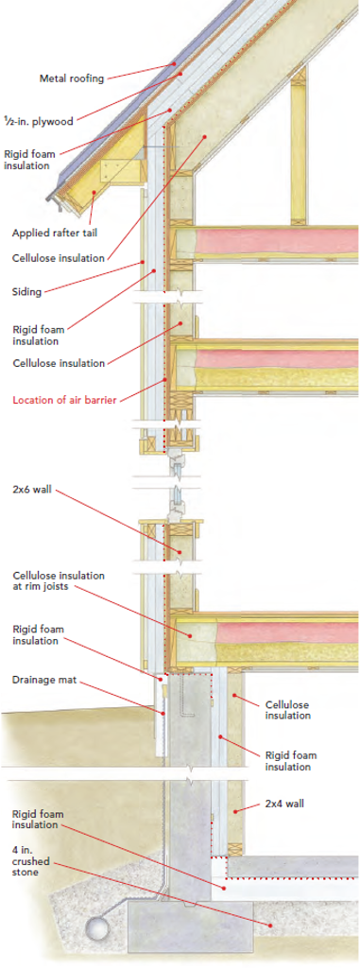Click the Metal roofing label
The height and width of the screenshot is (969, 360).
[x=72, y=78]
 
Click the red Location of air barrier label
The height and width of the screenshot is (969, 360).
[x=64, y=400]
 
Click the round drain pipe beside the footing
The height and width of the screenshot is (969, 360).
[x=97, y=930]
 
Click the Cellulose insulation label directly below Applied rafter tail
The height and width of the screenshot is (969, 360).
[x=59, y=257]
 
